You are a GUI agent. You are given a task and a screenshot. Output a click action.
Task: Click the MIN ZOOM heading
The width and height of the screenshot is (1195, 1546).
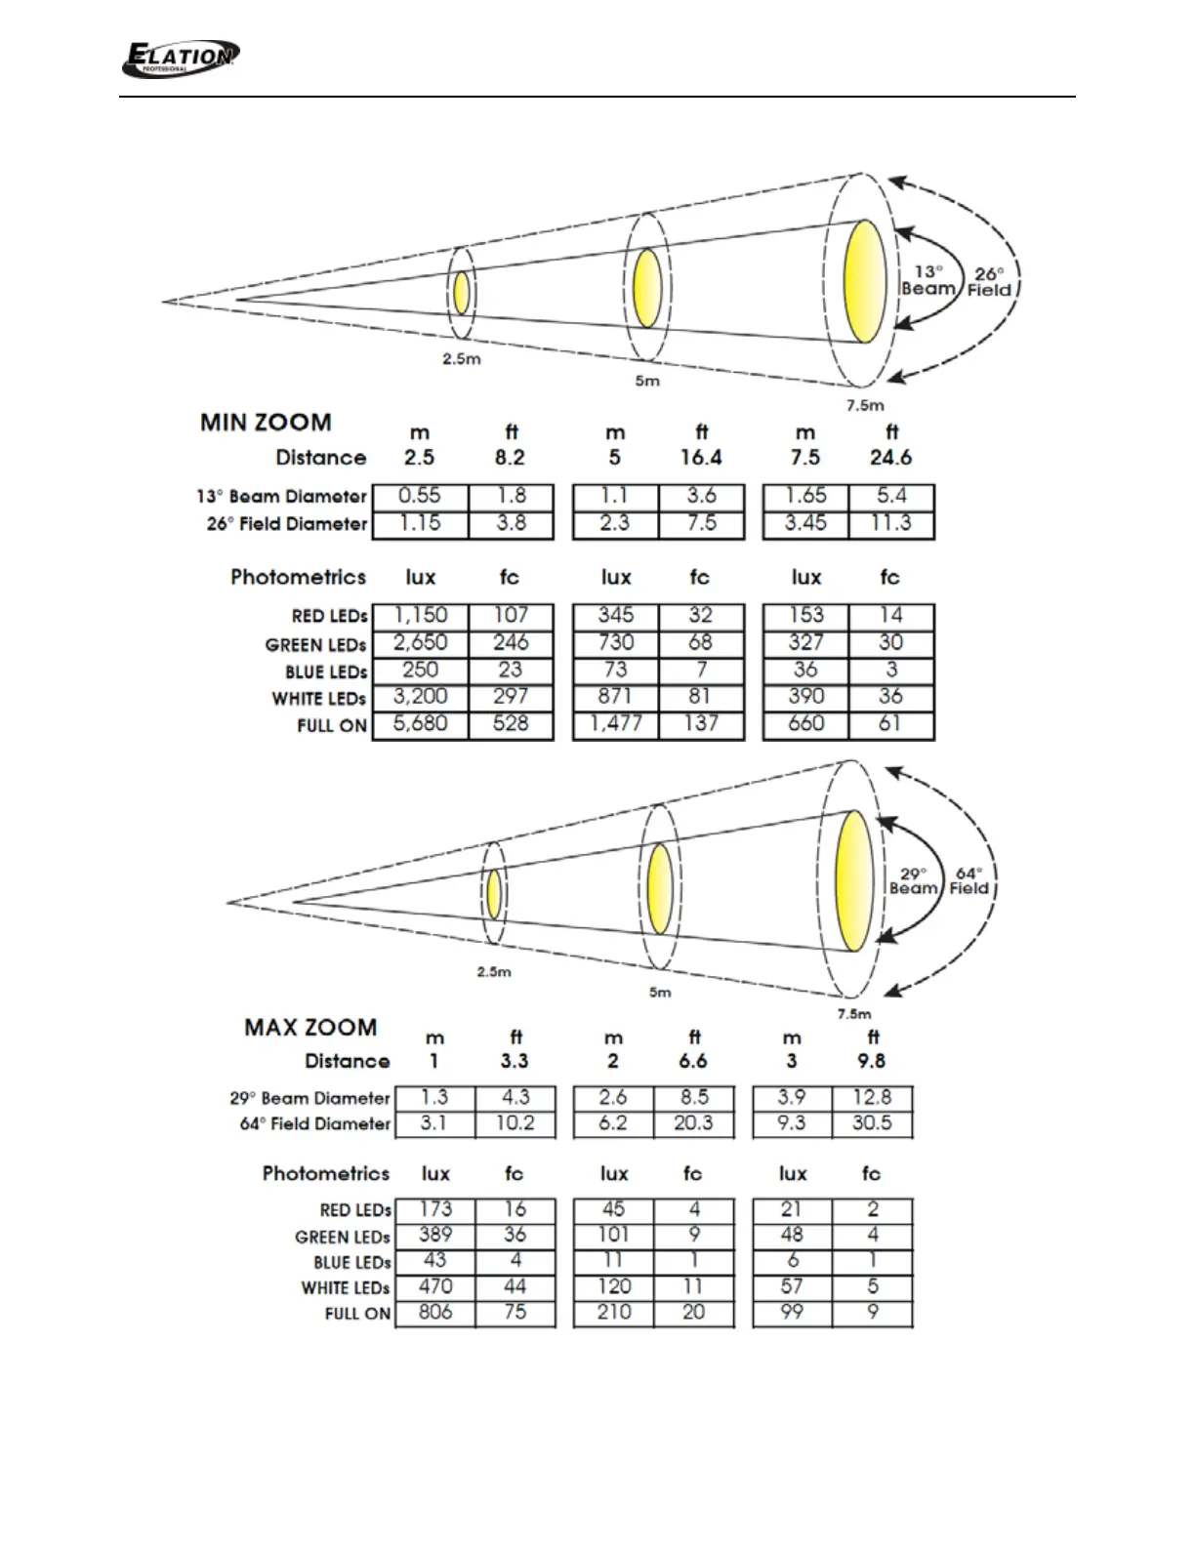point(266,423)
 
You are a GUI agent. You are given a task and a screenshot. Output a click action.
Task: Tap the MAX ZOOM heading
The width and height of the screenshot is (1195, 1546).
point(310,1028)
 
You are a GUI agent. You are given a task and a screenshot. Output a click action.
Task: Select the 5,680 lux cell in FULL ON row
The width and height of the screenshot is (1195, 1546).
point(421,724)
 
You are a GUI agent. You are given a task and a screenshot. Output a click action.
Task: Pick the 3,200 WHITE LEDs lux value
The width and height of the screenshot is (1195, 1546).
point(421,697)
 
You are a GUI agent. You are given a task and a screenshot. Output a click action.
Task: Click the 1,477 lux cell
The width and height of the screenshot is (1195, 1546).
point(616,724)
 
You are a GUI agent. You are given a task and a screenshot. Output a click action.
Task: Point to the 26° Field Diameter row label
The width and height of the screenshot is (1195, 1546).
point(286,524)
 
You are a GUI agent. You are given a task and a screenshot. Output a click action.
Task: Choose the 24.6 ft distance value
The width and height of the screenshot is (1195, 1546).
point(890,458)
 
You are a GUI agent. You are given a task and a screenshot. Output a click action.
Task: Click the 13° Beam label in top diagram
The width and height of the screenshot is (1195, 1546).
point(927,280)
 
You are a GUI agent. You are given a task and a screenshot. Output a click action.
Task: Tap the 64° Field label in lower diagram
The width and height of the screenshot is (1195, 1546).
point(968,880)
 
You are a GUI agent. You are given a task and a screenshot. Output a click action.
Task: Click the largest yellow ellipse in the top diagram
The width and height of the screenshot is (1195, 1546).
point(865,281)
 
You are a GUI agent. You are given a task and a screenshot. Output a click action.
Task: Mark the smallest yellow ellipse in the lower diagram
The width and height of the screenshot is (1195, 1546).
point(494,894)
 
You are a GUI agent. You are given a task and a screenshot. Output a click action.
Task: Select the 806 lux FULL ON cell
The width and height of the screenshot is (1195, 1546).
point(435,1313)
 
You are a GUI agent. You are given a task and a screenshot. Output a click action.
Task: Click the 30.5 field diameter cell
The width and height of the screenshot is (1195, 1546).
point(872,1123)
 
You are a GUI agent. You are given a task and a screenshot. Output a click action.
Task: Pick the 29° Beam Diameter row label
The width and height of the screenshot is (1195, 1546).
point(309,1098)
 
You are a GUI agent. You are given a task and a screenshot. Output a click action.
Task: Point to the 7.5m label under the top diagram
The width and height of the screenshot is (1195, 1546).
point(865,405)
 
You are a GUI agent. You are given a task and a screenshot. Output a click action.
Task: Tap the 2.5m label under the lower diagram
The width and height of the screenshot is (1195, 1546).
point(494,972)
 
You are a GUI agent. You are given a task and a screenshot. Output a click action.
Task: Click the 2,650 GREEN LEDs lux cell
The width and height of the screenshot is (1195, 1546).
point(421,642)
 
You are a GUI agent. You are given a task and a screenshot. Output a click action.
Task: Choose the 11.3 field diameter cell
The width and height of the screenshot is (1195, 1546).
point(891,523)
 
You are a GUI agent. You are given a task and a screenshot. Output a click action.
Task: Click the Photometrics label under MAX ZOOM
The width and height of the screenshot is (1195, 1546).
point(326,1174)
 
